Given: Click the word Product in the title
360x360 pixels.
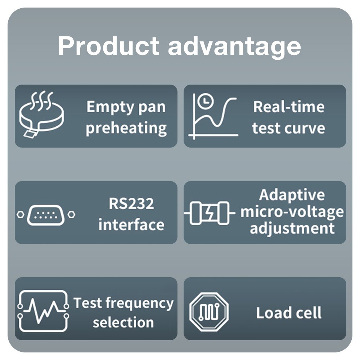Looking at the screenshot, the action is (109, 46).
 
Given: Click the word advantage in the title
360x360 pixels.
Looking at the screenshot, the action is (234, 48).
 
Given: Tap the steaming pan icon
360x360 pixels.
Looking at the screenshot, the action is (41, 114).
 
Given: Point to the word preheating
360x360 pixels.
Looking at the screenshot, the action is (126, 129).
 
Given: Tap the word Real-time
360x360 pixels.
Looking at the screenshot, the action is (289, 107).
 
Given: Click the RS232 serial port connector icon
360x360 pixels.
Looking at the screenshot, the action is (46, 215).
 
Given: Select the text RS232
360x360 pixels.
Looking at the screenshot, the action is (131, 203).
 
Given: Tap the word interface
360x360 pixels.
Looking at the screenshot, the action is (131, 225).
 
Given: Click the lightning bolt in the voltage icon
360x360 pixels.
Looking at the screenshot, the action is (210, 213).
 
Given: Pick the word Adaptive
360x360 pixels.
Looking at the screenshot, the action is (292, 195).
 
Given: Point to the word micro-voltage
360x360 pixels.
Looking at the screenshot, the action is (292, 212).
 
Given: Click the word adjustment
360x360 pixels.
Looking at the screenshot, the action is (292, 228).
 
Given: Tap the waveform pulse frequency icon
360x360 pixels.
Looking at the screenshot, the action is (43, 311).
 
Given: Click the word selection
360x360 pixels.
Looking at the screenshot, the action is (123, 322).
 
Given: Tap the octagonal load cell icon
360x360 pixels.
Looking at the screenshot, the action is (209, 312).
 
